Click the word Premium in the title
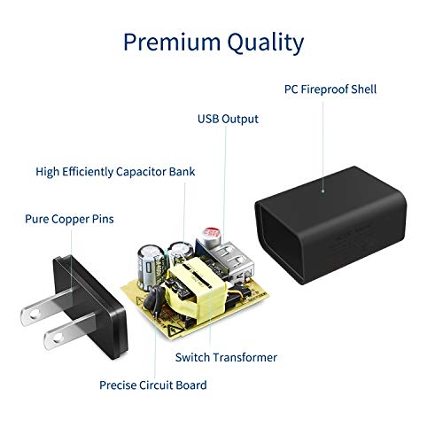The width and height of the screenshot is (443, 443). pos(172,42)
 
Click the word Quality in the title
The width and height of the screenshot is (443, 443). pos(266,43)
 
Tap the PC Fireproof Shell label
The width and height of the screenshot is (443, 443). pos(330,89)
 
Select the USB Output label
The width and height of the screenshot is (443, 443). pos(228,119)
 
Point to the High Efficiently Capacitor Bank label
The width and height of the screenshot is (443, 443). pos(115,172)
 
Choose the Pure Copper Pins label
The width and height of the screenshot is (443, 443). pos(69,219)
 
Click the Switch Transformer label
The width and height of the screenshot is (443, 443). pos(226,357)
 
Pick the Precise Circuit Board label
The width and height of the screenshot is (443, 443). pos(153,385)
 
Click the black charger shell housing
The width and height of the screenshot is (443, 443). pos(330,224)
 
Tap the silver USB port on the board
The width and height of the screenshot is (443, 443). pos(233,260)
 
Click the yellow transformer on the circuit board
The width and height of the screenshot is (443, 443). pos(196,290)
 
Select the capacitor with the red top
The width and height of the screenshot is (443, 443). pos(210,237)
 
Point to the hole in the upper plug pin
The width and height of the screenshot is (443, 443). pos(35,315)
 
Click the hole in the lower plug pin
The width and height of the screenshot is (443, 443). pos(58,337)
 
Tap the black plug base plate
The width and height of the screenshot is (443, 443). pos(90,307)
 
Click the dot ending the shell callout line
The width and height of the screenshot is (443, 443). pos(323,191)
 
